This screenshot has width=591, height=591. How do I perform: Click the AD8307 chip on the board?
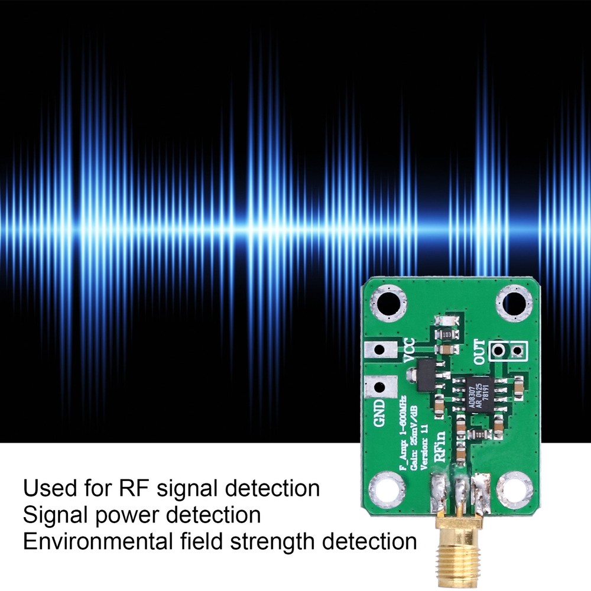point(480,393)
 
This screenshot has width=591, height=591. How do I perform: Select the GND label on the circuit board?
point(379,413)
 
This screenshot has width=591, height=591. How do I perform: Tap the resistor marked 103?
point(447,335)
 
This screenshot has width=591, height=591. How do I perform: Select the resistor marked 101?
point(480,434)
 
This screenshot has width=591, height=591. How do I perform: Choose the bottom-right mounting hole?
point(515,489)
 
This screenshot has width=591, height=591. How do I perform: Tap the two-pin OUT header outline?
point(508,351)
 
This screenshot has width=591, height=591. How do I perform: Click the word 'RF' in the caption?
point(136,489)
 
